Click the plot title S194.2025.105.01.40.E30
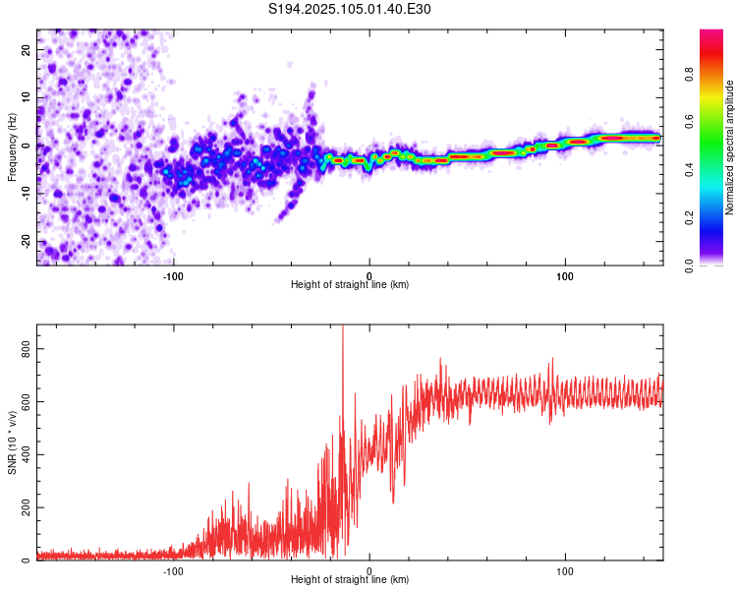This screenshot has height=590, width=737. (x=350, y=9)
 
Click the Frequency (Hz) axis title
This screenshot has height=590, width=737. (x=12, y=147)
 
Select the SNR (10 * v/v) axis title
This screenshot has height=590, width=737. (x=12, y=442)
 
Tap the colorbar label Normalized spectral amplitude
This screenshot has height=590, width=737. (x=729, y=147)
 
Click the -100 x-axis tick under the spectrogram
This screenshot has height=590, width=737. (x=174, y=275)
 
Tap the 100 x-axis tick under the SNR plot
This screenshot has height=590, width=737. (x=565, y=570)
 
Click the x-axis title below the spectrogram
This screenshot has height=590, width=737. (x=350, y=285)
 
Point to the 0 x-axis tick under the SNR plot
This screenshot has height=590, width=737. (x=369, y=570)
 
